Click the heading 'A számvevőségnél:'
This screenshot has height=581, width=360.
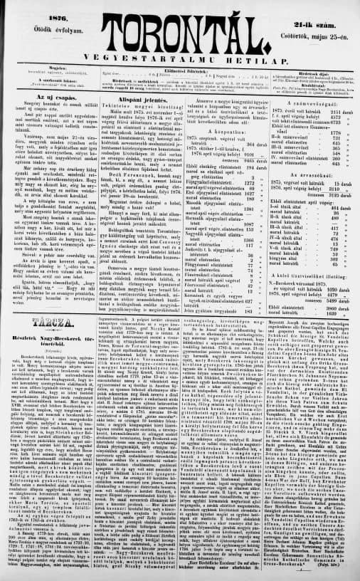pyautogui.click(x=315, y=101)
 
